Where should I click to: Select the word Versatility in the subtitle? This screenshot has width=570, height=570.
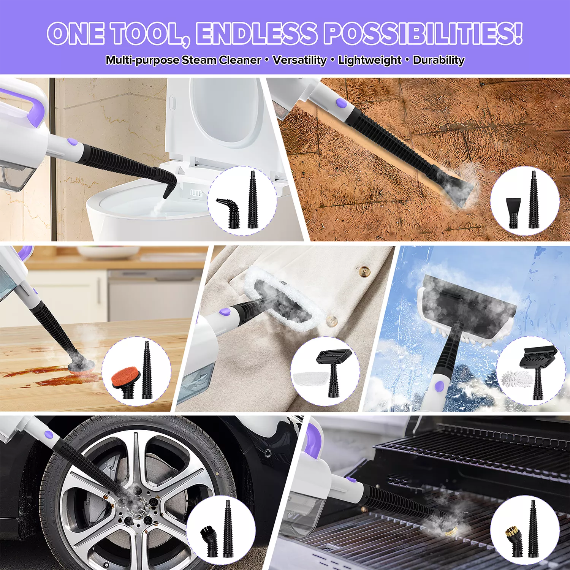[x=299, y=60]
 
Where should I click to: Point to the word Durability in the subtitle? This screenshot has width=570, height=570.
[x=439, y=60]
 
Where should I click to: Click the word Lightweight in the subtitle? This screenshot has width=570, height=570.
[x=369, y=60]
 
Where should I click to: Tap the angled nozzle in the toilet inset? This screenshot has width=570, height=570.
[x=229, y=212]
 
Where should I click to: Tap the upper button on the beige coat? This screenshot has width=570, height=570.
[x=365, y=271]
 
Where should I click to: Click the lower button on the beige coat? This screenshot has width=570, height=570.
[x=332, y=320]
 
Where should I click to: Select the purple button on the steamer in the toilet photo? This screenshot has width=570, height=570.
[x=72, y=142]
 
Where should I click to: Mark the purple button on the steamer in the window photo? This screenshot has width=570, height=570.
[x=439, y=386]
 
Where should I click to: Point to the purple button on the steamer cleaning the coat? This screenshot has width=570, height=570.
[x=225, y=312]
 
